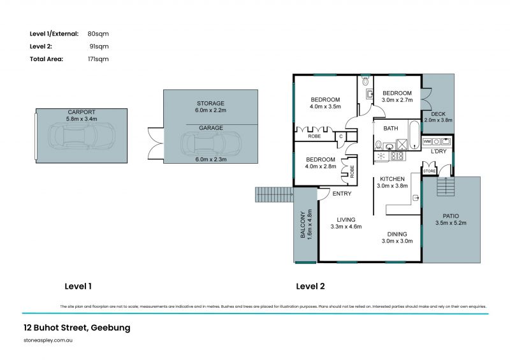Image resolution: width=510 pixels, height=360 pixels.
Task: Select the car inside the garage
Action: [210, 144]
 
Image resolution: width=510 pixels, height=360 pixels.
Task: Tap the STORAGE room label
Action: [210, 103]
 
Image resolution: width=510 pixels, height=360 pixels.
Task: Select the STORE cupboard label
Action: [428, 171]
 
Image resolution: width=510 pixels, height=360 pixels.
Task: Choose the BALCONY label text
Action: [303, 225]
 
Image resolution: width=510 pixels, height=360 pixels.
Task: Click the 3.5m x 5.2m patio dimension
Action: [451, 223]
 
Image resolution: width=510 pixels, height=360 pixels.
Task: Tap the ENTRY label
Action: [342, 194]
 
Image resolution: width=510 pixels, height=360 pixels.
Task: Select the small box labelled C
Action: [341, 136]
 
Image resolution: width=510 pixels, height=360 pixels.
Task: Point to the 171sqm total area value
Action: [98, 59]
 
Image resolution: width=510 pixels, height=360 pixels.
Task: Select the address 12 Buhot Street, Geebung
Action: [76, 328]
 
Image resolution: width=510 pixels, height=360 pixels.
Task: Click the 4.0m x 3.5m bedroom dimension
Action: [325, 106]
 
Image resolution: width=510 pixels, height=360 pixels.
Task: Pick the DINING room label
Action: [397, 234]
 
